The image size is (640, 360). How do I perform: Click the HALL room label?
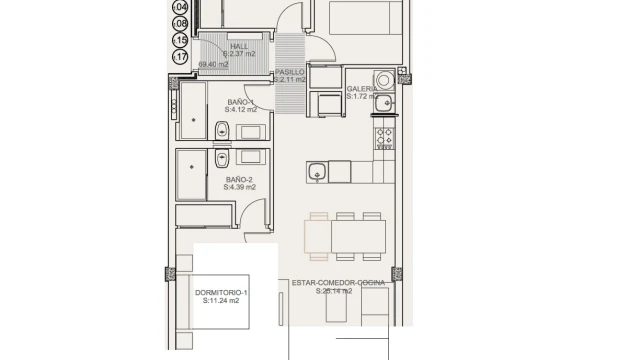(x=239, y=46)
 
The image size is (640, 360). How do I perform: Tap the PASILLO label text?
(x=290, y=72)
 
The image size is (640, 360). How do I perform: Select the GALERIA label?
(x=362, y=89)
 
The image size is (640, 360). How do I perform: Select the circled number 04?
(x=181, y=6)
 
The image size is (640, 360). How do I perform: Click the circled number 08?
(x=181, y=23)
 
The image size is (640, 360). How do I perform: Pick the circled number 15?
(x=181, y=40)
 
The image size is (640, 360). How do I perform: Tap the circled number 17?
(x=181, y=57)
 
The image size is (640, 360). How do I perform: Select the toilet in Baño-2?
(x=221, y=157)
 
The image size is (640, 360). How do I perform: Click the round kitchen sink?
(x=316, y=173)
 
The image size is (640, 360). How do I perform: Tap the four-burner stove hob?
(x=385, y=138)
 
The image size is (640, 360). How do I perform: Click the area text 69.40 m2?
(x=213, y=65)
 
